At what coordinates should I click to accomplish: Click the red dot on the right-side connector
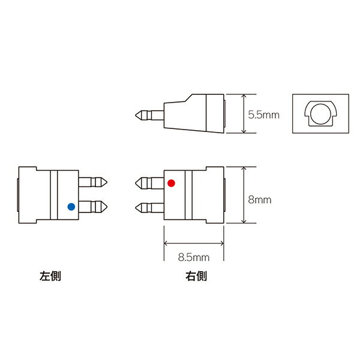click(171, 183)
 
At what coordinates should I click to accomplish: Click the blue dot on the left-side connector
click(71, 206)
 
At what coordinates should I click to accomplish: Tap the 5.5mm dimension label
click(263, 115)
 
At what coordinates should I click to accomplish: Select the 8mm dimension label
click(260, 200)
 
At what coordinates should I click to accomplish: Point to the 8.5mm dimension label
click(194, 257)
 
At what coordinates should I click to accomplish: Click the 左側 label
click(50, 276)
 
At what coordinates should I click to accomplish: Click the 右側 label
click(196, 276)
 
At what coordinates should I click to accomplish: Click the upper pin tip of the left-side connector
click(107, 182)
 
